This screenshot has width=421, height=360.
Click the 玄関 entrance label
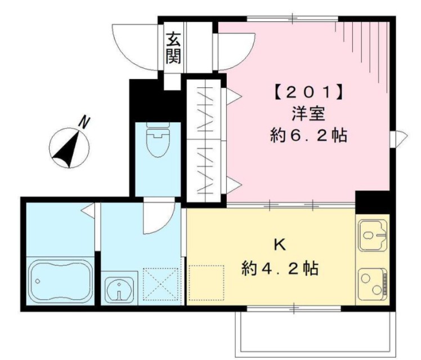(x=173, y=48)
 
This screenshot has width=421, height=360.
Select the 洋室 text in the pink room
(x=307, y=112)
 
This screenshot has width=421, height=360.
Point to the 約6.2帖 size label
(x=307, y=135)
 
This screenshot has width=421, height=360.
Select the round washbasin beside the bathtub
(x=119, y=290)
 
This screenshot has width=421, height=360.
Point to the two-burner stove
(x=373, y=282)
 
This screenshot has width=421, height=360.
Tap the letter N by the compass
(x=85, y=121)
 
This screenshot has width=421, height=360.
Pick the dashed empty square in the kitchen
(x=206, y=282)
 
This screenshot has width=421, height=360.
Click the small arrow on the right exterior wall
(x=399, y=136)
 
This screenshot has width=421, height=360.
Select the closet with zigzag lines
(x=205, y=141)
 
